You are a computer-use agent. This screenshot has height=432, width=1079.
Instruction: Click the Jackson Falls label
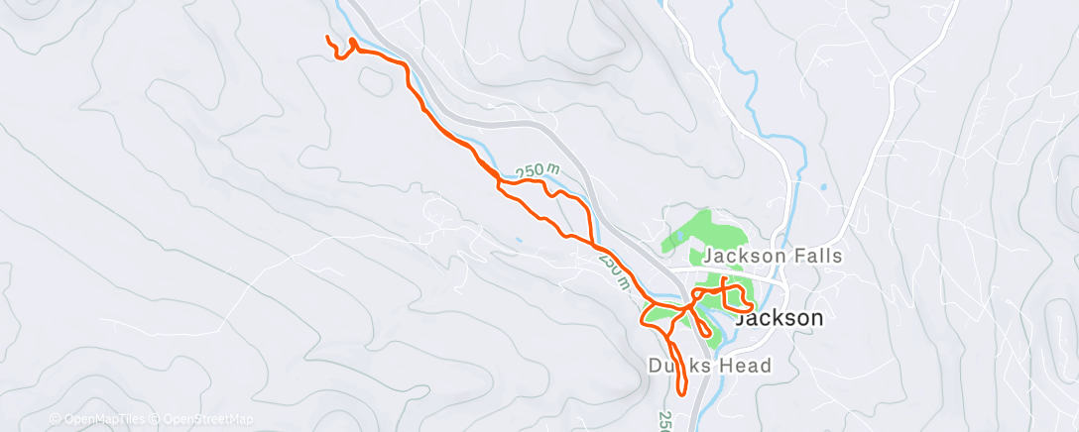pos(773,256)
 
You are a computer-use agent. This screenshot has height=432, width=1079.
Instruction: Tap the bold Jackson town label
pos(779,318)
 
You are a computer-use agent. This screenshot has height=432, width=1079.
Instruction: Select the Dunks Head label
pos(709,366)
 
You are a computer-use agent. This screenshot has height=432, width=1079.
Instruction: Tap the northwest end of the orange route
pos(328,38)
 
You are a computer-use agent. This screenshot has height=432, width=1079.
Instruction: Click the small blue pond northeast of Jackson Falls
pos(823,186)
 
